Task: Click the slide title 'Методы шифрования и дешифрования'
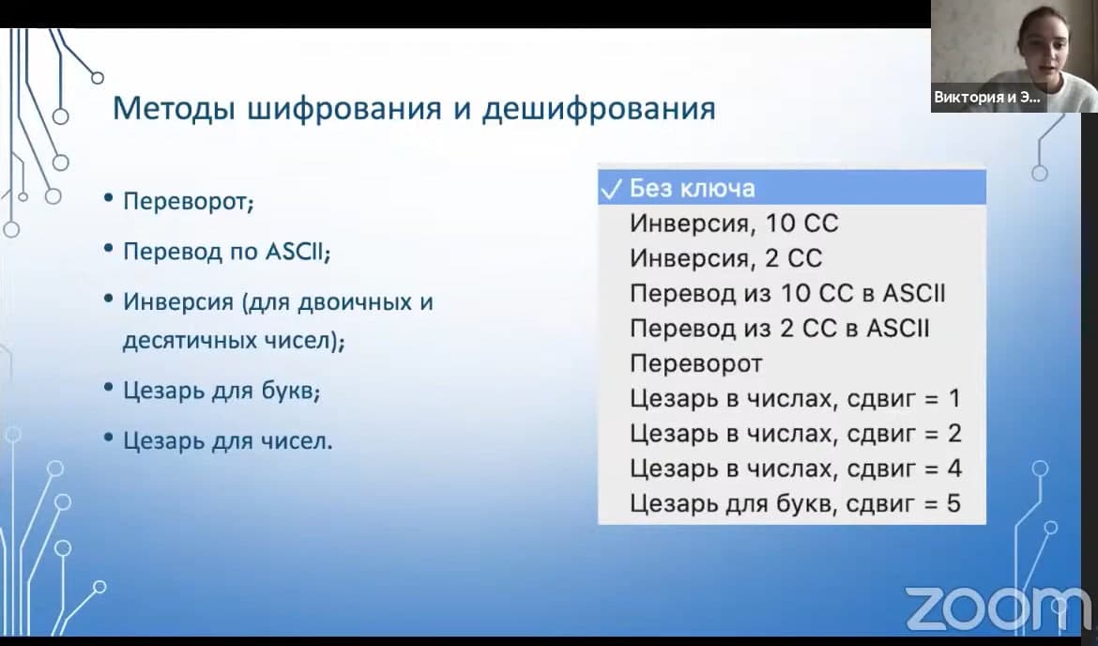pos(414,109)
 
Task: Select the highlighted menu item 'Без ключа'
pos(692,188)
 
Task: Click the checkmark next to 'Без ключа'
pos(611,189)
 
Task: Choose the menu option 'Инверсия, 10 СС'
pos(734,223)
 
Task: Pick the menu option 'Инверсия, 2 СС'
pos(725,258)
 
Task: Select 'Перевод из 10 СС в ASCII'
pos(787,293)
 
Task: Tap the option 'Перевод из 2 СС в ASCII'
pos(779,328)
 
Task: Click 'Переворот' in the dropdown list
pos(696,363)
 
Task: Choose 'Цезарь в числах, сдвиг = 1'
pos(795,399)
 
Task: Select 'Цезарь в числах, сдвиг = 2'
pos(796,434)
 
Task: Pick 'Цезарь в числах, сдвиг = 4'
pos(796,469)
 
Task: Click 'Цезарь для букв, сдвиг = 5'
pos(795,504)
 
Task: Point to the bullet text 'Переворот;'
pos(189,202)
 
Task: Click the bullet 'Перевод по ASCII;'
pos(226,252)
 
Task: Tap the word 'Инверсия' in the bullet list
pos(178,302)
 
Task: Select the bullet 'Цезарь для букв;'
pos(221,391)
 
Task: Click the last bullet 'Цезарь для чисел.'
pos(228,440)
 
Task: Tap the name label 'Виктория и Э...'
pos(987,98)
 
